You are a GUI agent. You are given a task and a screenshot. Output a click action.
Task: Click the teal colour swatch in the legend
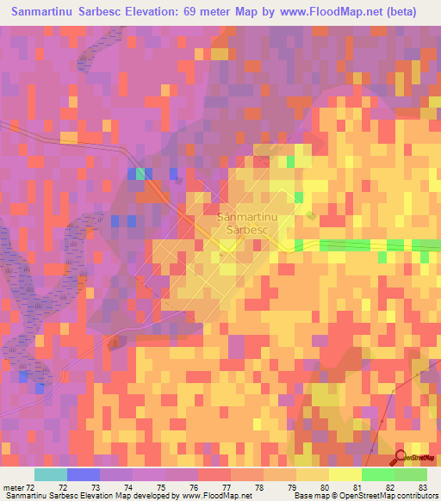(51, 474)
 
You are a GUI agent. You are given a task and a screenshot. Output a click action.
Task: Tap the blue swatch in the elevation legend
(84, 474)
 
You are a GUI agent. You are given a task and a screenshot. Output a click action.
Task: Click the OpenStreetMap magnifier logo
(401, 455)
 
